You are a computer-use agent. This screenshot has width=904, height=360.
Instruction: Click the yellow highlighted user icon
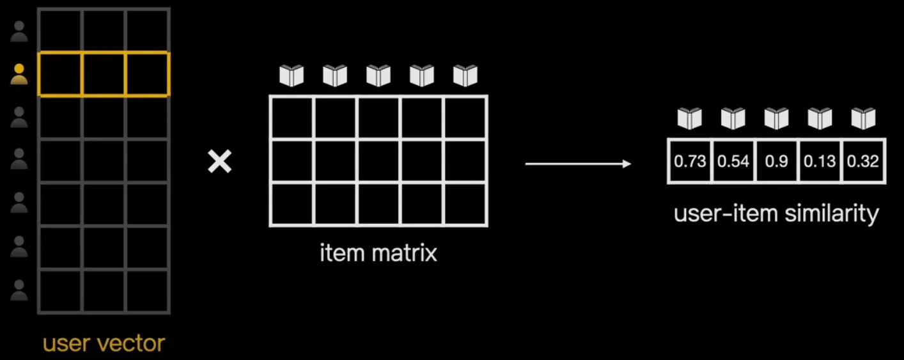coord(19,74)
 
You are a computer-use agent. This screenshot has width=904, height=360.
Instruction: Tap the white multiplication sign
coord(219,162)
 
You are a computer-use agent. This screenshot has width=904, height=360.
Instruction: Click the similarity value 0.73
coord(690,161)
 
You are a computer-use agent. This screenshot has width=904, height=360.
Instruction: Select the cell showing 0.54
coord(733,161)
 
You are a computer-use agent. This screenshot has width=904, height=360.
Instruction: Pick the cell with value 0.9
coord(776,161)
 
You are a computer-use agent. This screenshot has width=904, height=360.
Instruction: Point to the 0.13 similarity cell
coord(820,161)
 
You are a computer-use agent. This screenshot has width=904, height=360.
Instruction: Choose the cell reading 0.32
coord(863,161)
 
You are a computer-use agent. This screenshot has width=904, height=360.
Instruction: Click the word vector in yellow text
coord(135,343)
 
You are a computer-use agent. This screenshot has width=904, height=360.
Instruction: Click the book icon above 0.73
coord(690,118)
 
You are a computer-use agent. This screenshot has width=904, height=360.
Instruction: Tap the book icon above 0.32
coord(863,118)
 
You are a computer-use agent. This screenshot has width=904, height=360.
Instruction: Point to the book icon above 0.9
coord(776,118)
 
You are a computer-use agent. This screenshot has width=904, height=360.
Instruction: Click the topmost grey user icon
coord(19,31)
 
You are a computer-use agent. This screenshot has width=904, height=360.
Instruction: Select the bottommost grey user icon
coord(19,291)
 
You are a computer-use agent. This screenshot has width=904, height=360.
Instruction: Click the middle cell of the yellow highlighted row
coord(104,74)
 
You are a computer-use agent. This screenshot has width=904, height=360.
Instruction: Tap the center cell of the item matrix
coord(378,161)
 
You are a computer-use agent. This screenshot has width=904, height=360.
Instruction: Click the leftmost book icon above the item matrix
coord(292,75)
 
